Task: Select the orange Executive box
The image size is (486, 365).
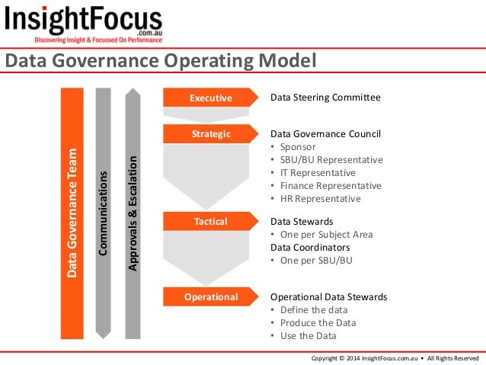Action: pyautogui.click(x=210, y=98)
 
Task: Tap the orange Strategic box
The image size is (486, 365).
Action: pyautogui.click(x=210, y=134)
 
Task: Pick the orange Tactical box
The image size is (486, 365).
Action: pyautogui.click(x=210, y=221)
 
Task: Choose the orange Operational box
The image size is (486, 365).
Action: pyautogui.click(x=210, y=296)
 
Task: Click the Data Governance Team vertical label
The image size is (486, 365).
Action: pyautogui.click(x=72, y=212)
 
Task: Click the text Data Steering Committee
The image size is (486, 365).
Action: pyautogui.click(x=325, y=98)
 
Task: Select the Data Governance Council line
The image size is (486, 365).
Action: pyautogui.click(x=326, y=134)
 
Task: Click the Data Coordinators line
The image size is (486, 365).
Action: pyautogui.click(x=310, y=247)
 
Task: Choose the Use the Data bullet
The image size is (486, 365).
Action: pyautogui.click(x=308, y=335)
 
